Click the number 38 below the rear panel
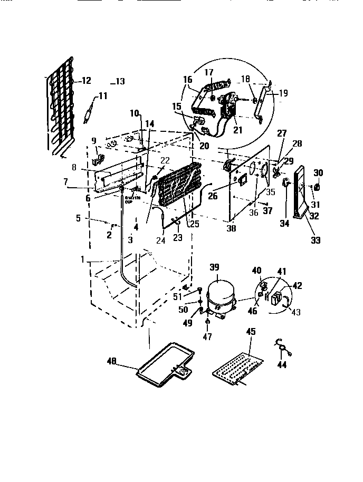pyautogui.click(x=231, y=229)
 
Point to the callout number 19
pyautogui.click(x=283, y=93)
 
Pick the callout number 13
pyautogui.click(x=120, y=82)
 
